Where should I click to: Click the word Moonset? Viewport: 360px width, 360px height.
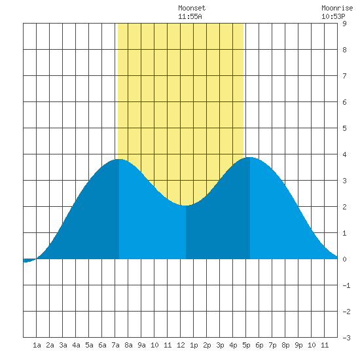192,8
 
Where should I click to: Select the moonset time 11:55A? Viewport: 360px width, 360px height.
190,16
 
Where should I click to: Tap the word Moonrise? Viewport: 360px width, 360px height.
337,8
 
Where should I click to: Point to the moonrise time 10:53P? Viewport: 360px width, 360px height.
333,16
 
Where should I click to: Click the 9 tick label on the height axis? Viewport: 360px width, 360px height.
344,24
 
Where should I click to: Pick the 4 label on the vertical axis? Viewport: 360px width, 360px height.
344,154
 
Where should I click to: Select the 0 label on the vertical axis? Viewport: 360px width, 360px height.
344,259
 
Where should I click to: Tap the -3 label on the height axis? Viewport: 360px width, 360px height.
346,338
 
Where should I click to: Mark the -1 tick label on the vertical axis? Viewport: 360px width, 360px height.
346,285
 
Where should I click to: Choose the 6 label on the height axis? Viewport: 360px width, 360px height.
344,102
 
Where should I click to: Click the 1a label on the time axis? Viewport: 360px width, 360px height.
37,345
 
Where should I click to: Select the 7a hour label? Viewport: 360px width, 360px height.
115,345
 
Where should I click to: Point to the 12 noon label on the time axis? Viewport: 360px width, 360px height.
181,345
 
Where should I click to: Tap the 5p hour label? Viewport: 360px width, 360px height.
246,345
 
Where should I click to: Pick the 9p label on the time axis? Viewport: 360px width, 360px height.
298,345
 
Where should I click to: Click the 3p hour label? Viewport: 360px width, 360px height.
220,345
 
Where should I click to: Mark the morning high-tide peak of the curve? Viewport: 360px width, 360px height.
119,159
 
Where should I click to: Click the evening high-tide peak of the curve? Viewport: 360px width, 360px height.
250,158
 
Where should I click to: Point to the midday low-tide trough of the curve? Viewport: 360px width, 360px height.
185,206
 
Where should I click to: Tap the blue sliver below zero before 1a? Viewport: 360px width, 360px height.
29,261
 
